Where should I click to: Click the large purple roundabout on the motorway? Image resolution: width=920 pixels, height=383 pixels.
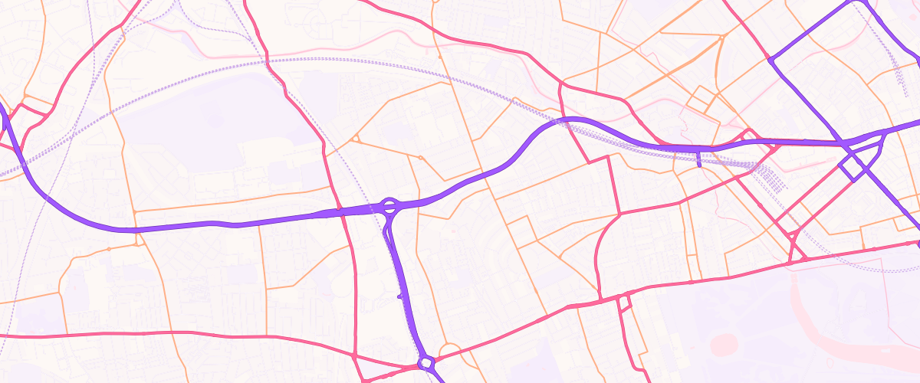389,205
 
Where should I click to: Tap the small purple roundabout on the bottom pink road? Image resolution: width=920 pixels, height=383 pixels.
426,362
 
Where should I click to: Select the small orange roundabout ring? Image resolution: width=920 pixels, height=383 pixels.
356,139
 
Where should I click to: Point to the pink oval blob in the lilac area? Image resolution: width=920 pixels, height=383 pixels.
724,345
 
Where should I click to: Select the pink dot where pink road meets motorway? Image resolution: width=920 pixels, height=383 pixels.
339,208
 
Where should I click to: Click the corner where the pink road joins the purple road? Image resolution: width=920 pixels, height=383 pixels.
769,57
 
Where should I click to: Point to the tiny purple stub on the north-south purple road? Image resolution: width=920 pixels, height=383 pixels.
399,296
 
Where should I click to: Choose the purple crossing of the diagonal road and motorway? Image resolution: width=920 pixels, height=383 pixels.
843,143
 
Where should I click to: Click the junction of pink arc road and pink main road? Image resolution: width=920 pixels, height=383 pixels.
600,298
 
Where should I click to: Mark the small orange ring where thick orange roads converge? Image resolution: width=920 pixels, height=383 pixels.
721,37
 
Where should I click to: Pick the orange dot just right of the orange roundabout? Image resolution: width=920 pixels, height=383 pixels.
420,158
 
